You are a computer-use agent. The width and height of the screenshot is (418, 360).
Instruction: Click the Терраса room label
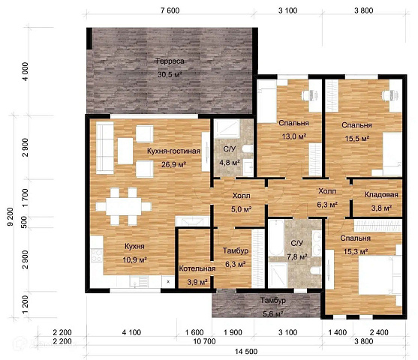coord(170,61)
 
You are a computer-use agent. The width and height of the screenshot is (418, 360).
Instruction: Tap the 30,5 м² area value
coord(170,74)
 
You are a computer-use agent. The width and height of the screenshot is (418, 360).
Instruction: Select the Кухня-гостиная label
coord(173,151)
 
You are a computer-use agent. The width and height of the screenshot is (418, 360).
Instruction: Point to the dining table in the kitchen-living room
coord(123,206)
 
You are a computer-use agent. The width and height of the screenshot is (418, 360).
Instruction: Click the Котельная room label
coord(197,268)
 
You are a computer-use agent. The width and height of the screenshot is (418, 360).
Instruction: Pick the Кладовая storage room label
coord(381,194)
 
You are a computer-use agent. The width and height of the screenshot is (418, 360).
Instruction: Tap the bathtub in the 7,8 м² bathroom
coord(276,238)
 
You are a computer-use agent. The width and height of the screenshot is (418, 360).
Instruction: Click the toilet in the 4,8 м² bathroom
coord(248,148)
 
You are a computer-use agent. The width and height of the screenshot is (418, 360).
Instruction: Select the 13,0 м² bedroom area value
coord(294,136)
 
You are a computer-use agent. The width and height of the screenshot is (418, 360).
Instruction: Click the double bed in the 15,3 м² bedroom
coord(380,275)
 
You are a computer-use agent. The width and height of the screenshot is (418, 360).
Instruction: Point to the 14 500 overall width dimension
coord(246,352)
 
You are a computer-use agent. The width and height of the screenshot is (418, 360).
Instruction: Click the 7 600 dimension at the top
coord(170,10)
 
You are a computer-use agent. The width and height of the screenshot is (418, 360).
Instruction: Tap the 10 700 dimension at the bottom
coord(204,341)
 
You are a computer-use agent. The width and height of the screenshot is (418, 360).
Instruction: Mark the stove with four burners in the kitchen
coord(97,255)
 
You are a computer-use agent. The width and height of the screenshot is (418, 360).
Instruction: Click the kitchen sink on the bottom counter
coord(139,281)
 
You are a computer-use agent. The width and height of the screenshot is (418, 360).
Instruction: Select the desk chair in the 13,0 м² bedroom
coord(310,95)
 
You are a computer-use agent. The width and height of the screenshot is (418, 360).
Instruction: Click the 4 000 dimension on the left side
coord(25,71)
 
